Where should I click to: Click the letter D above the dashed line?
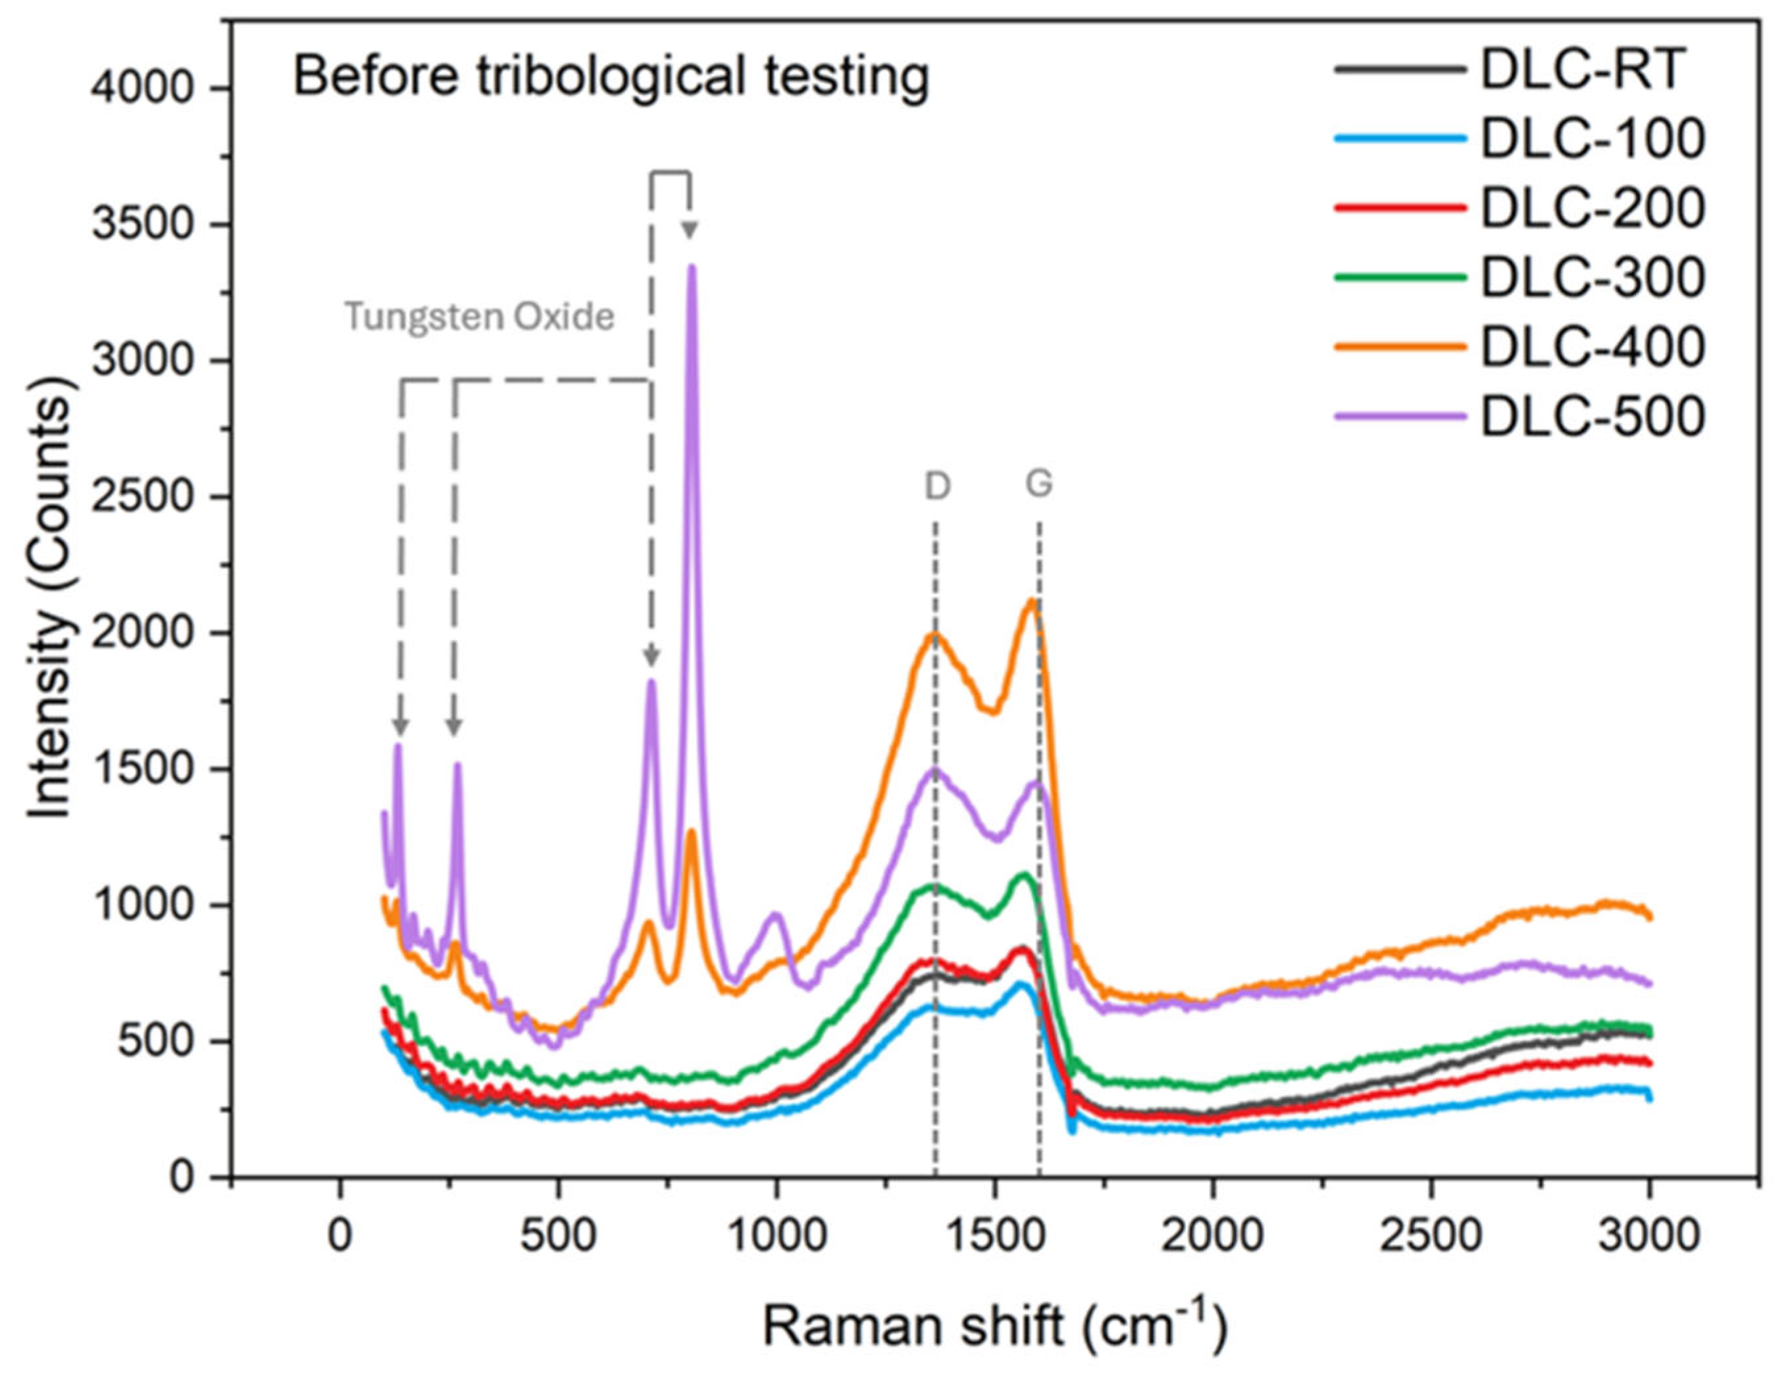[937, 487]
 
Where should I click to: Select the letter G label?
[1038, 484]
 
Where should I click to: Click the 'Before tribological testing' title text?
[611, 77]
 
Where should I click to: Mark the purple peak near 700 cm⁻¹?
[652, 682]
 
